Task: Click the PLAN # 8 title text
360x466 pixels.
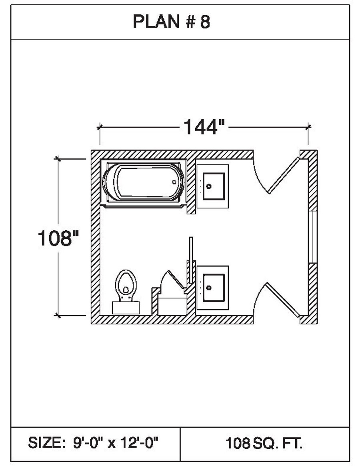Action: pos(172,22)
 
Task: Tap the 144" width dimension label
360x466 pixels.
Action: pos(204,127)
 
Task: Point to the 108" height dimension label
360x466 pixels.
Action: pos(58,238)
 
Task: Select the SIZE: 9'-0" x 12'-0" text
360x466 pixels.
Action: pos(93,443)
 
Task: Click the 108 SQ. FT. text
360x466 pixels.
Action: pos(264,444)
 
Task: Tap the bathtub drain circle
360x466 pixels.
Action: pos(174,182)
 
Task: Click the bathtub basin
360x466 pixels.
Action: pos(144,182)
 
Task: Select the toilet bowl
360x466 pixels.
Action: pos(126,284)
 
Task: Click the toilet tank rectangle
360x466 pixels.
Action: pos(126,308)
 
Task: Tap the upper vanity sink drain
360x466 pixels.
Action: pos(209,186)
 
